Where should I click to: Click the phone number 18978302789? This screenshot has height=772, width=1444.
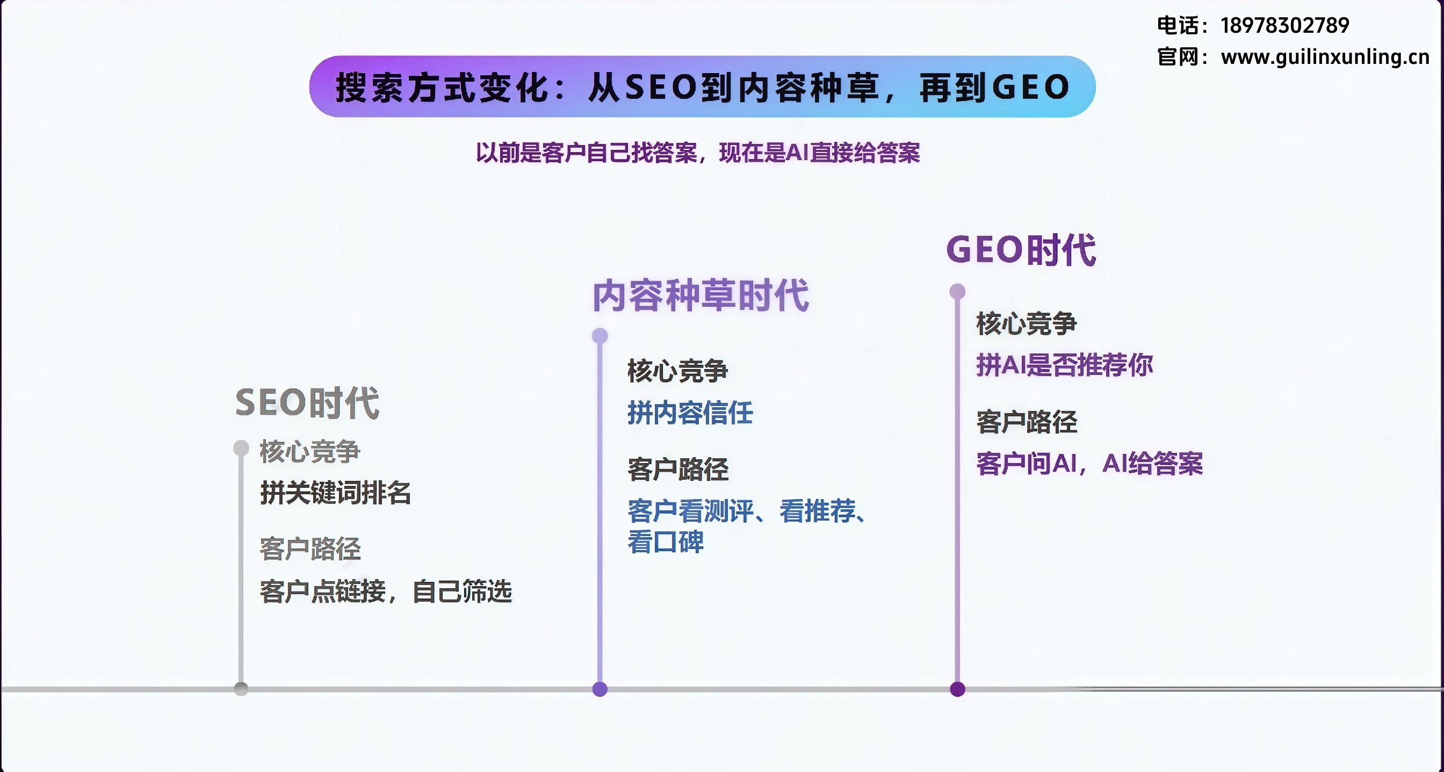(x=1285, y=25)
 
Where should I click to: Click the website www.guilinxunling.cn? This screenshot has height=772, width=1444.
(x=1325, y=56)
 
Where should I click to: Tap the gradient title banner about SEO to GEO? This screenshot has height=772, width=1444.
(x=702, y=86)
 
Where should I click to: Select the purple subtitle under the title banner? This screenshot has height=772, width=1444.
(x=698, y=153)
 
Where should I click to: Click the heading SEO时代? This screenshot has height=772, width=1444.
(x=307, y=402)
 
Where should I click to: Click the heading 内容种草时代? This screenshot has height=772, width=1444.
(x=701, y=295)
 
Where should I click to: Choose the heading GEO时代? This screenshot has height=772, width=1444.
(x=1021, y=249)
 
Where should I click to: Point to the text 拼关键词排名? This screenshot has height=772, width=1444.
(x=335, y=493)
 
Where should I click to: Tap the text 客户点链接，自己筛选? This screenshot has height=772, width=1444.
(x=386, y=591)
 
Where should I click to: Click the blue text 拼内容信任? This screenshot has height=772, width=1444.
(x=690, y=413)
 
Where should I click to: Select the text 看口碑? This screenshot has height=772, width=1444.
(x=666, y=542)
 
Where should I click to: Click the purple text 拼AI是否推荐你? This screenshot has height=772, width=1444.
(x=1065, y=365)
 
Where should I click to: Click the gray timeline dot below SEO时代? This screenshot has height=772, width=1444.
(x=241, y=689)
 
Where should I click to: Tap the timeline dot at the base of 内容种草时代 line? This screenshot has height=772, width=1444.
(x=600, y=689)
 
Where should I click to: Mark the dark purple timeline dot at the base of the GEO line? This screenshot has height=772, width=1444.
(x=957, y=689)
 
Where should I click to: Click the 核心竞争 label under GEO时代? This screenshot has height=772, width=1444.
(x=1027, y=323)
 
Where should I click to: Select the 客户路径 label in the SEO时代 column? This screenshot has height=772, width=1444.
(x=310, y=549)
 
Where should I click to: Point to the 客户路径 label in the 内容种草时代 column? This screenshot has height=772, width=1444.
(x=678, y=469)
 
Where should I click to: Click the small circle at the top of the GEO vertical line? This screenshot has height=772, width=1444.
(x=957, y=292)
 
